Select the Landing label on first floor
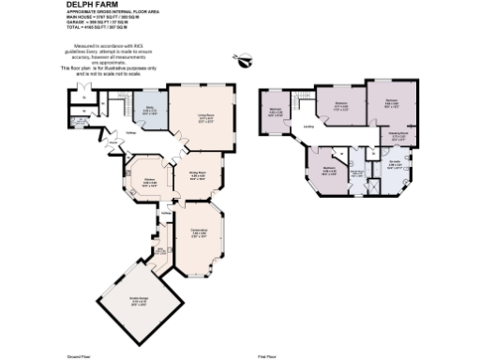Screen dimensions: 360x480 click(308, 127)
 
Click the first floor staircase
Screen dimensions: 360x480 click(303, 101)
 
